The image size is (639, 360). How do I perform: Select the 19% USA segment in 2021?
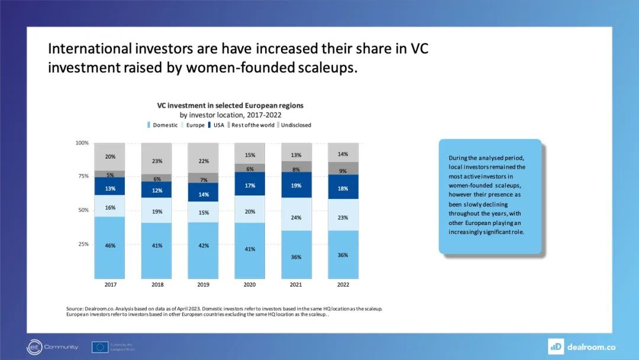[x=296, y=185]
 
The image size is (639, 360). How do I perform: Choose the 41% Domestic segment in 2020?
[x=250, y=250]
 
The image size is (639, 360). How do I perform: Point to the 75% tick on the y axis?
[x=82, y=176]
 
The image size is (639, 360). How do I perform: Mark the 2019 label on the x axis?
[x=203, y=285]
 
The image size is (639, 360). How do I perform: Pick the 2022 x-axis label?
[x=343, y=285]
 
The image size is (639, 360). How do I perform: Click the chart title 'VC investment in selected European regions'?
[x=230, y=105]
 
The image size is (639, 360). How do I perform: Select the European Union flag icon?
[x=99, y=347]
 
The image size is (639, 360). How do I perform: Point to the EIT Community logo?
[x=52, y=347]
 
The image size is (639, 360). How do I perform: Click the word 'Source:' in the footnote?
[x=75, y=308]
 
